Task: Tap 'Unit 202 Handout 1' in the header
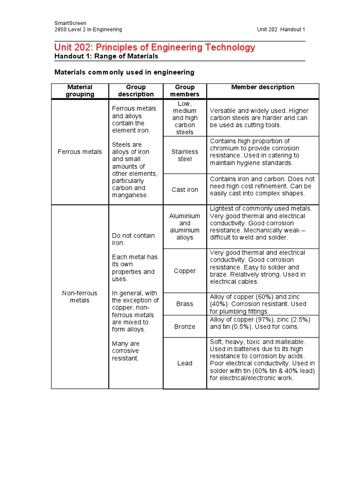[281, 30]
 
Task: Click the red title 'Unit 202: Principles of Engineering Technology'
[155, 47]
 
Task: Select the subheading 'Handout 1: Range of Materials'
[106, 56]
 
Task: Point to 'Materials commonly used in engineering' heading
[124, 72]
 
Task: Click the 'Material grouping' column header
[80, 90]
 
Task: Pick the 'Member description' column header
[262, 87]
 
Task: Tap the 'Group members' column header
[185, 90]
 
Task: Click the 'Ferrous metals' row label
[80, 152]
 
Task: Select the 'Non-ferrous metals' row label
[80, 297]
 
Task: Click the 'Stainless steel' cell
[185, 155]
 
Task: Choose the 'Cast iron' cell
[185, 190]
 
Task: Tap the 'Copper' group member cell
[185, 271]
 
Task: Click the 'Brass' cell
[185, 304]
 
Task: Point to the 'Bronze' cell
[185, 326]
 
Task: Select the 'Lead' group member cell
[185, 363]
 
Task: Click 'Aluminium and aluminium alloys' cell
[185, 227]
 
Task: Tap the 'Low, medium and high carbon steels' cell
[185, 118]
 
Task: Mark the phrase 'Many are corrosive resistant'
[126, 351]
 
